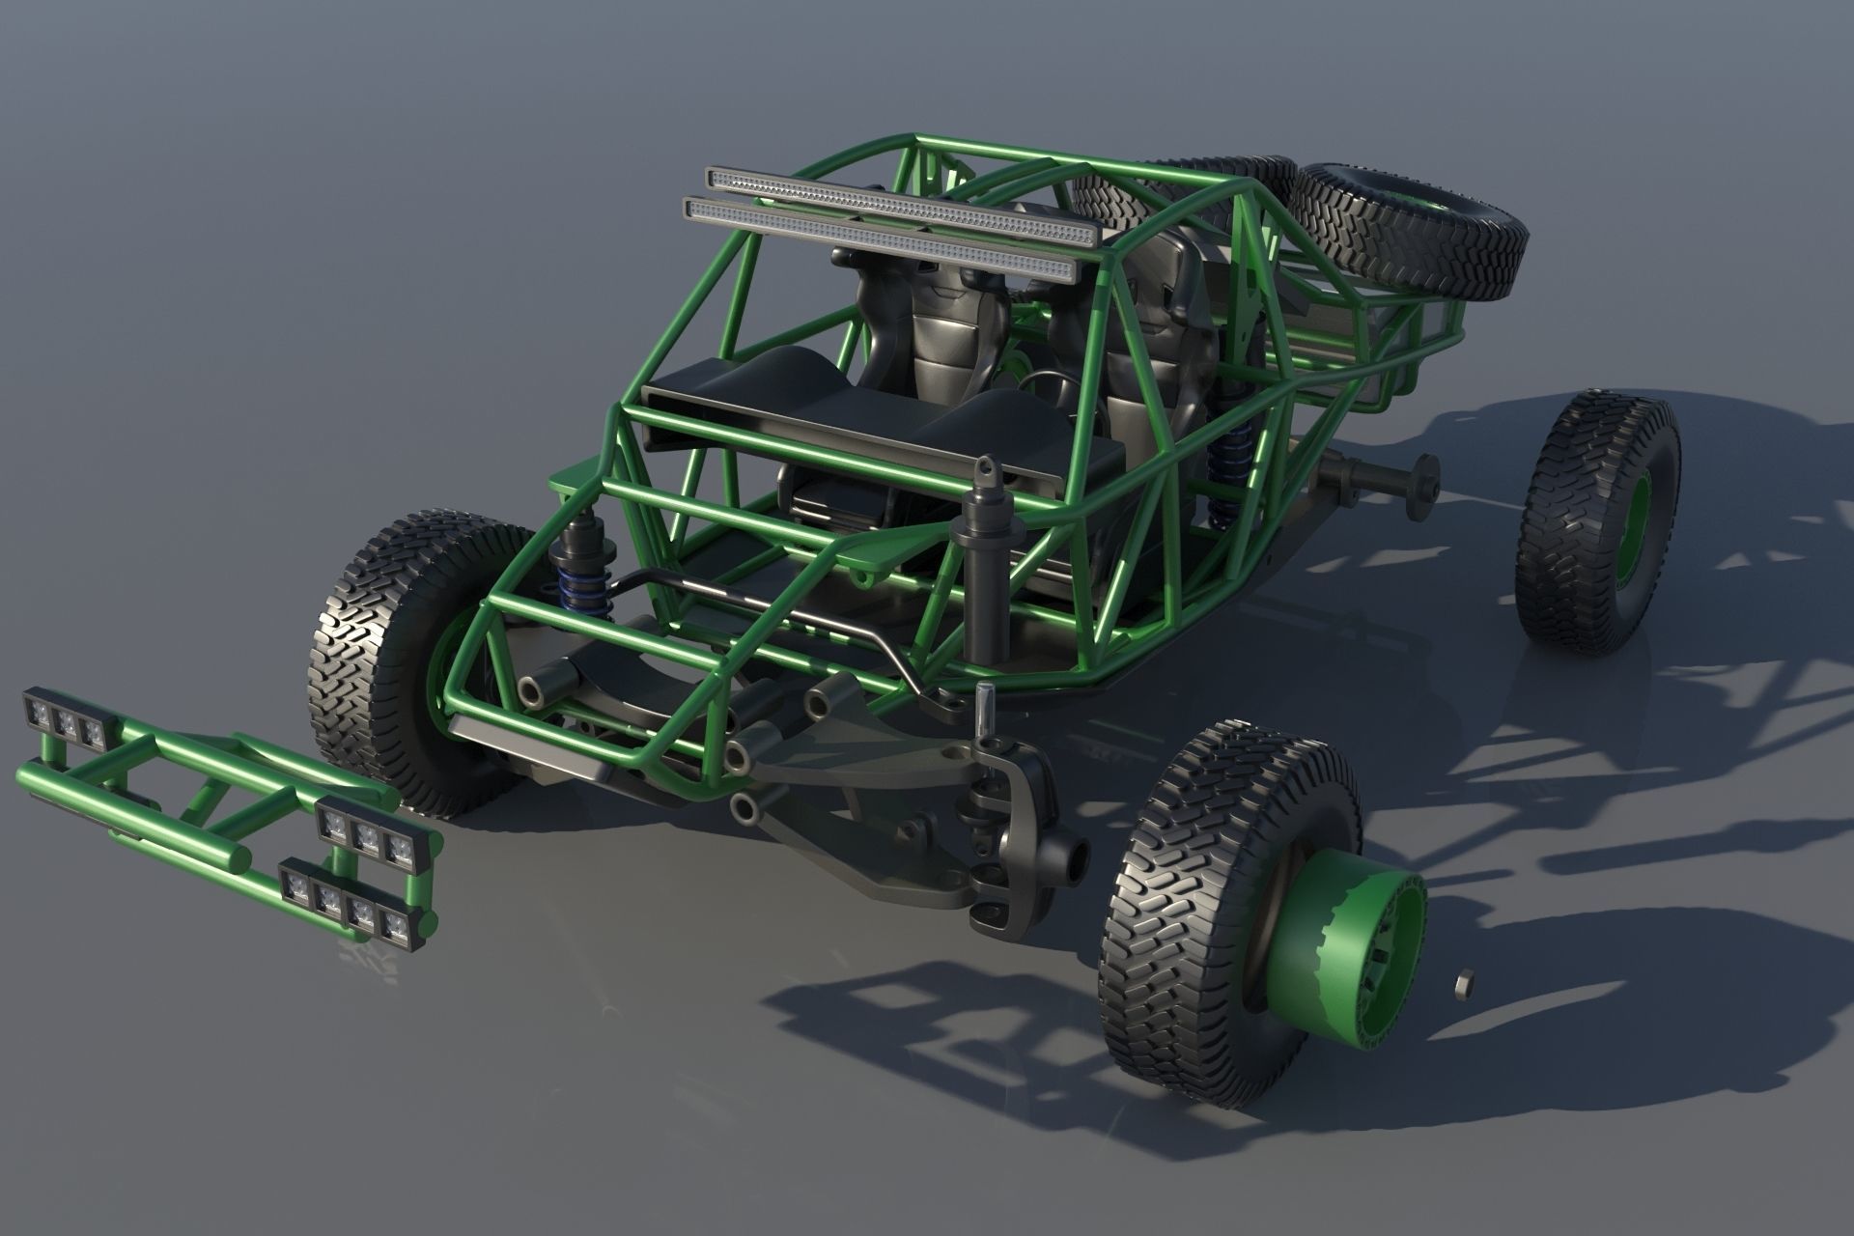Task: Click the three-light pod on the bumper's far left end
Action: point(66,719)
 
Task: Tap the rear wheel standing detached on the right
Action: point(1598,521)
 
